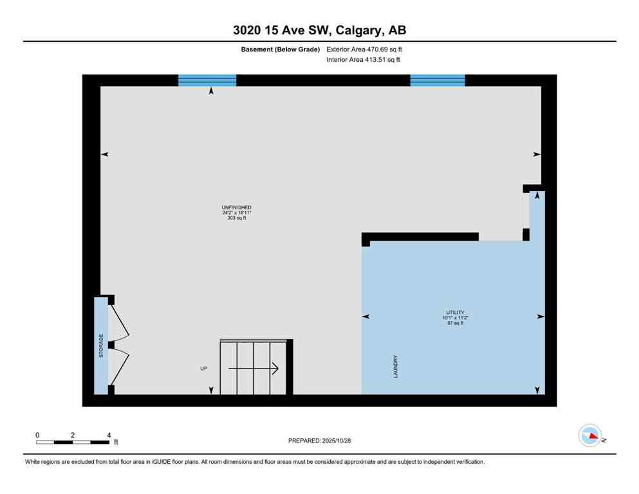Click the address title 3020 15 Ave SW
[x=319, y=30]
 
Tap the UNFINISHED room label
[x=232, y=207]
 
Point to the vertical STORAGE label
[x=101, y=346]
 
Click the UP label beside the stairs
[x=204, y=369]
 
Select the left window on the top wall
[x=207, y=80]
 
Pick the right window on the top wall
[x=438, y=80]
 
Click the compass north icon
[x=589, y=436]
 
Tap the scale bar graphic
[x=73, y=442]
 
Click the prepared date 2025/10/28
[x=319, y=441]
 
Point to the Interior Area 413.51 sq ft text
[x=364, y=60]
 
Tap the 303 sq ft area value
[x=232, y=219]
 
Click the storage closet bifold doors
[x=119, y=346]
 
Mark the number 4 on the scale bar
[x=109, y=435]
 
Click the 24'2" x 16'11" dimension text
[x=232, y=213]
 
